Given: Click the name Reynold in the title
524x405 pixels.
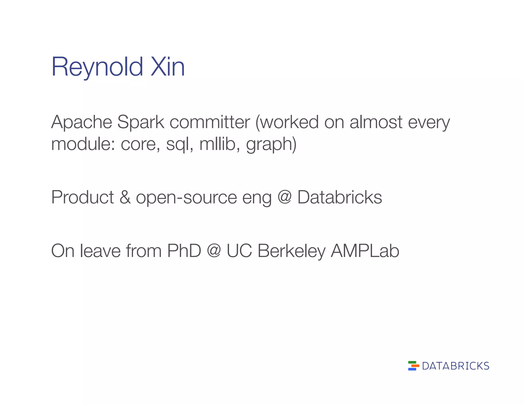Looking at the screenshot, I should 97,67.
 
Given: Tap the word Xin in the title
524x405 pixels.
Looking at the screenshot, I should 168,67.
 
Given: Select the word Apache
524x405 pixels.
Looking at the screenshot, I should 82,122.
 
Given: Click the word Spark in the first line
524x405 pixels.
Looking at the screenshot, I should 140,122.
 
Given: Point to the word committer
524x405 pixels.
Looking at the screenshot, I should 210,122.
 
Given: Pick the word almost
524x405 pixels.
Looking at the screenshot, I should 376,122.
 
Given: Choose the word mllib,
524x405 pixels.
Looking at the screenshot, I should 220,144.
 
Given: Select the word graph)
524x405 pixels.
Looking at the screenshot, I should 271,144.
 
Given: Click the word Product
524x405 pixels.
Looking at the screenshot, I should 82,197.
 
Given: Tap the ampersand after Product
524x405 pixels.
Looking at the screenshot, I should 125,197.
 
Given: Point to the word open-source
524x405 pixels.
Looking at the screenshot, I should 187,198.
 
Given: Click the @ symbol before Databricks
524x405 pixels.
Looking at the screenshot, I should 285,197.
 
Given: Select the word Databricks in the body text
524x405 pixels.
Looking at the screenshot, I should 340,197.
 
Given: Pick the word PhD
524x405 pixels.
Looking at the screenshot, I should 184,251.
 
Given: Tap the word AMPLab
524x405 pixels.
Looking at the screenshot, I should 365,251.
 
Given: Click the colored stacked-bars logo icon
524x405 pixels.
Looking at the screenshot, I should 413,366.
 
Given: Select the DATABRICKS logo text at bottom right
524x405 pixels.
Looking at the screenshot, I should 455,366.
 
